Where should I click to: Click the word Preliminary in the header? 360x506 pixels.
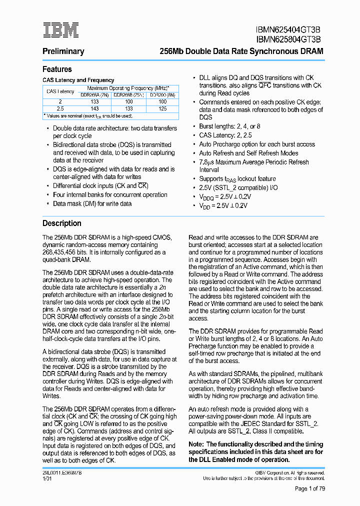(x=63, y=51)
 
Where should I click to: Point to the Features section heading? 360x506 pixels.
(x=57, y=69)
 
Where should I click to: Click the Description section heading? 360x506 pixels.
(x=61, y=223)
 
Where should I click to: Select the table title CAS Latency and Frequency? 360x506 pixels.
(x=78, y=80)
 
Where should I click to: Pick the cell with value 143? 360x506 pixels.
(x=94, y=108)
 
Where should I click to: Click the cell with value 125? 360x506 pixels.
(x=162, y=108)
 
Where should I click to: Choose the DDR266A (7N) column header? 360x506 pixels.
(x=94, y=94)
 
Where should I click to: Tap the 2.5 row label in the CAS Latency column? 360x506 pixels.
(x=60, y=108)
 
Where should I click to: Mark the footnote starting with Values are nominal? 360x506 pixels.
(x=88, y=116)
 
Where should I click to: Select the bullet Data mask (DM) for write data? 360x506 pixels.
(x=92, y=203)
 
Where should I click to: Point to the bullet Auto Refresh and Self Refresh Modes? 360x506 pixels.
(x=248, y=153)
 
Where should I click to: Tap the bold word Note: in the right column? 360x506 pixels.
(x=196, y=444)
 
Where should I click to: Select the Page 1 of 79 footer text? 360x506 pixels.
(x=309, y=488)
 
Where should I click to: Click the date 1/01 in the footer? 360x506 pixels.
(x=47, y=478)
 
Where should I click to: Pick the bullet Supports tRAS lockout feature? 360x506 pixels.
(x=237, y=178)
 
